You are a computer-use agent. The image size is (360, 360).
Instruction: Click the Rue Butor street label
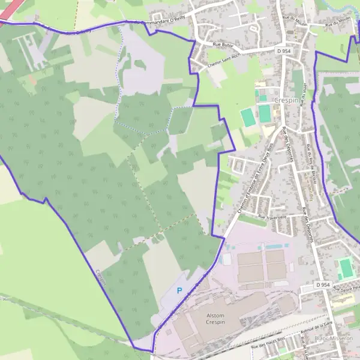[x=223, y=44]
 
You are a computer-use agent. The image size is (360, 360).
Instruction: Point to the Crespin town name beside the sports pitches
[x=286, y=100]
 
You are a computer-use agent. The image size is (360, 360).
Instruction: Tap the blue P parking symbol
[x=179, y=290]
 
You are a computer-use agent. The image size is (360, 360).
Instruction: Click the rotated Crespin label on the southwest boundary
[x=101, y=279]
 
